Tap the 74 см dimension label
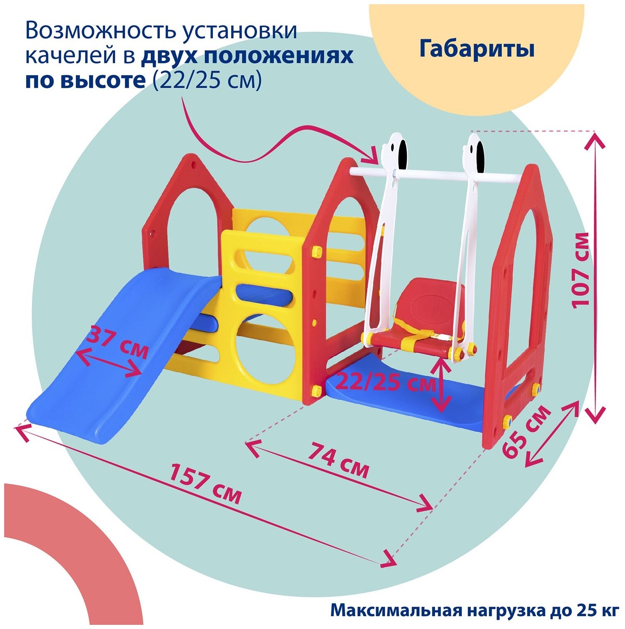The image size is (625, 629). coord(338,460)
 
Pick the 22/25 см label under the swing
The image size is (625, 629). coord(386,383)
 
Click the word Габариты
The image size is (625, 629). coord(477,49)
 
